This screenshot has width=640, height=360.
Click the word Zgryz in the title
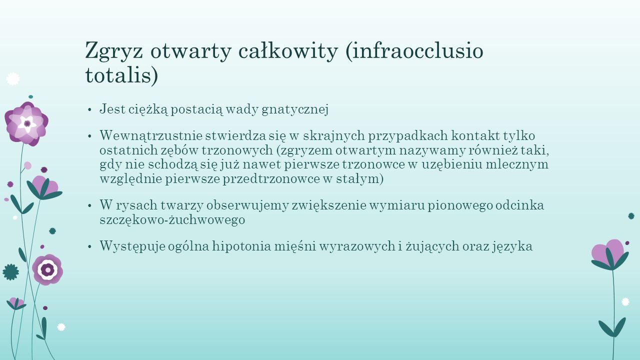coord(114,51)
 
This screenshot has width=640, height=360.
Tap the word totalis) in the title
coord(121,75)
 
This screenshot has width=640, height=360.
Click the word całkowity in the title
coord(287,50)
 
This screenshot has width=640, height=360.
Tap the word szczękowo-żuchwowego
coord(172,220)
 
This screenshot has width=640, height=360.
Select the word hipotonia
coord(241,246)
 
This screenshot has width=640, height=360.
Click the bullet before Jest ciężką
coord(89,109)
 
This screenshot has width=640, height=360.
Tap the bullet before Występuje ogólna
coord(89,246)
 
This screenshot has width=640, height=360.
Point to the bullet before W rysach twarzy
coord(89,205)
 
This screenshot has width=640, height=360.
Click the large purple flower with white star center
coord(26,123)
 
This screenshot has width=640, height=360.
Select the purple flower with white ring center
coord(47,269)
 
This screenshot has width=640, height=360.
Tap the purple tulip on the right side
coord(610,255)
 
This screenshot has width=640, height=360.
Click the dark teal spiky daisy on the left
coord(11,272)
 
